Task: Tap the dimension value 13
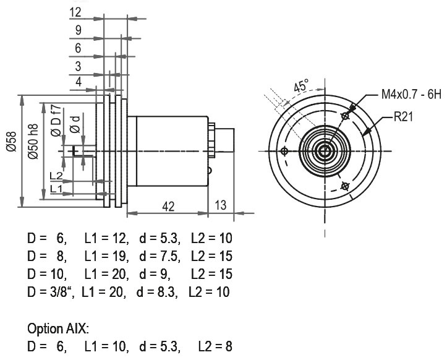pyautogui.click(x=221, y=205)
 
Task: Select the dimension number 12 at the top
pyautogui.click(x=75, y=12)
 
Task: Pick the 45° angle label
pyautogui.click(x=301, y=85)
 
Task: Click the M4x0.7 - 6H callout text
pyautogui.click(x=411, y=95)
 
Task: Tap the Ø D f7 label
pyautogui.click(x=56, y=121)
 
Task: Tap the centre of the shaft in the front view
pyautogui.click(x=324, y=151)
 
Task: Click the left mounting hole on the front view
pyautogui.click(x=284, y=151)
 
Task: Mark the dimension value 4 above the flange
pyautogui.click(x=79, y=82)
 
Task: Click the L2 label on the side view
pyautogui.click(x=56, y=176)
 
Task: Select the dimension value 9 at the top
pyautogui.click(x=78, y=30)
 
